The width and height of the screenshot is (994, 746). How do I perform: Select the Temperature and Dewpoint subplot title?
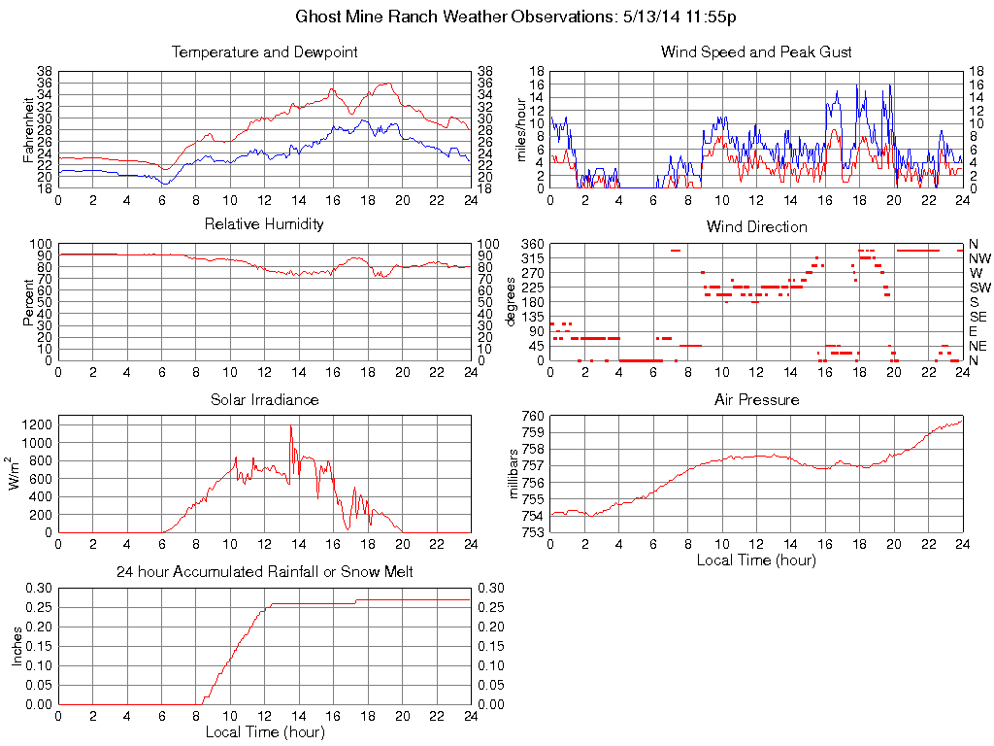pos(264,51)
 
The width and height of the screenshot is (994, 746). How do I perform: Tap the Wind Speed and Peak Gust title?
pos(756,51)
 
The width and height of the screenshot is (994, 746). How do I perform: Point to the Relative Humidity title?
pos(264,224)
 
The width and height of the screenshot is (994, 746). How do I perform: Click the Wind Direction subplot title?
pos(756,226)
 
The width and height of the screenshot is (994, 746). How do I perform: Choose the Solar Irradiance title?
pos(264,399)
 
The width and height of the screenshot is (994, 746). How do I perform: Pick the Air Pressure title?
pos(756,399)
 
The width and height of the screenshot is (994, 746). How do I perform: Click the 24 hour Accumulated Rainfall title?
pos(264,572)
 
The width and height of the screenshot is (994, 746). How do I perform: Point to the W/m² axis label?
pos(17,474)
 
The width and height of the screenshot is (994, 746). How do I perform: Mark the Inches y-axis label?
pos(17,645)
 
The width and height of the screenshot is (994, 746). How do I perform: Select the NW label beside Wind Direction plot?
pos(979,258)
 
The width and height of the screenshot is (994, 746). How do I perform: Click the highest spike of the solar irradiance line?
pos(290,426)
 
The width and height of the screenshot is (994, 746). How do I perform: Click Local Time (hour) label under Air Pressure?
pos(756,559)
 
